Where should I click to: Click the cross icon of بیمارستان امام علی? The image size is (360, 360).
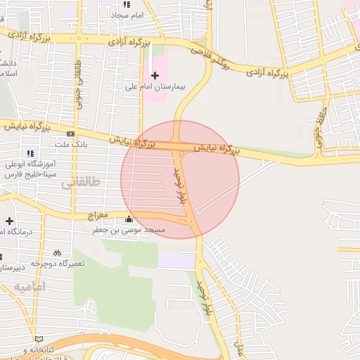click(155, 75)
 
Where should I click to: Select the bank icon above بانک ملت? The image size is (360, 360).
click(70, 134)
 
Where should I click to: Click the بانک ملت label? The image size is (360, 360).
click(70, 144)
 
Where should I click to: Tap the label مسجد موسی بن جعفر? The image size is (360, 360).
click(130, 230)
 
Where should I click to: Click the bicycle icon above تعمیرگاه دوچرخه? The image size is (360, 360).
click(57, 252)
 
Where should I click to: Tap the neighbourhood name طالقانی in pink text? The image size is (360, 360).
click(81, 182)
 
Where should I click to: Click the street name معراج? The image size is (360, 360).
click(98, 214)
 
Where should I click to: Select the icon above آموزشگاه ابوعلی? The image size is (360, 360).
click(30, 153)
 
